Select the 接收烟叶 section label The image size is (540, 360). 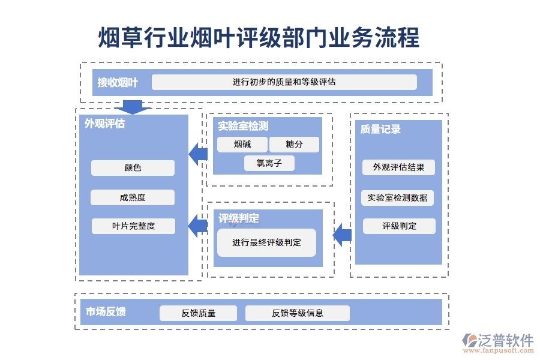[118, 83]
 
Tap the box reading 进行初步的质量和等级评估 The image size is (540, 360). [284, 82]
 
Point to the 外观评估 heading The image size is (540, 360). [104, 124]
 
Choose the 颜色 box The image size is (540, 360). [133, 168]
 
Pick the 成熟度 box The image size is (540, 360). [133, 197]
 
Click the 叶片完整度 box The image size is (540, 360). [133, 226]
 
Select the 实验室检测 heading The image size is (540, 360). [242, 126]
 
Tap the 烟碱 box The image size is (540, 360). [242, 145]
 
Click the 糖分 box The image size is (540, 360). [294, 145]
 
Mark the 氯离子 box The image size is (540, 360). [269, 163]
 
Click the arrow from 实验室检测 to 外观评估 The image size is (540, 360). [198, 154]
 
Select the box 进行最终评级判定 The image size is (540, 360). [266, 243]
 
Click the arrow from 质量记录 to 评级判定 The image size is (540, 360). [342, 234]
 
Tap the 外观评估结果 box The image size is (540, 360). [398, 167]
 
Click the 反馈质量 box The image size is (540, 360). [198, 313]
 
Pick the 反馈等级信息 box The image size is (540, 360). [297, 313]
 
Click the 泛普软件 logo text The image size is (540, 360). [505, 341]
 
